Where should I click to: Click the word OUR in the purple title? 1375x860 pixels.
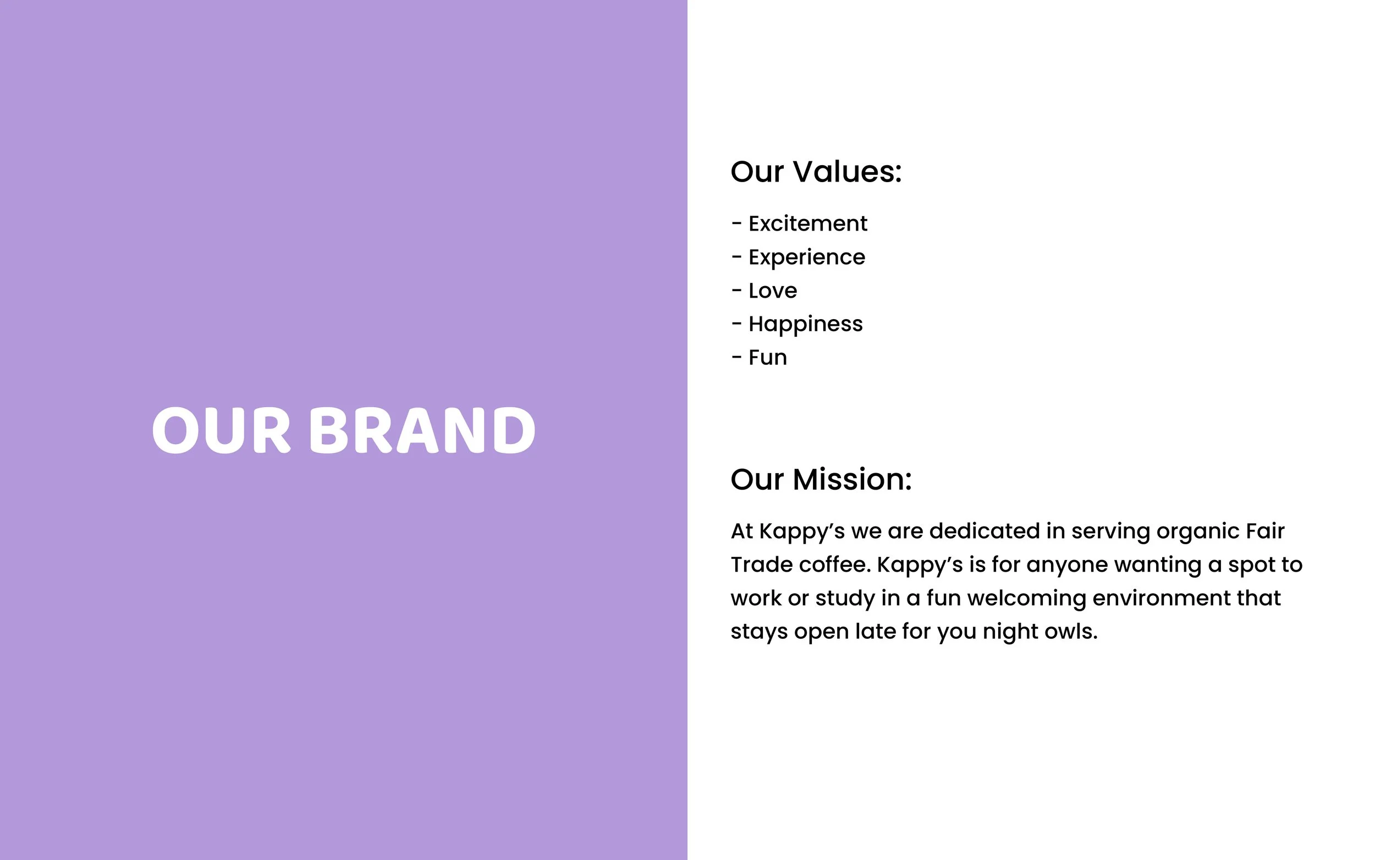221,431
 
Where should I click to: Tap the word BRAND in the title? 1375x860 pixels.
422,431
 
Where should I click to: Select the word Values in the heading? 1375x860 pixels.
848,172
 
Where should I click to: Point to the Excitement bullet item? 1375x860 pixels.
808,223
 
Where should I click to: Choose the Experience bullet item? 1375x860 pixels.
807,257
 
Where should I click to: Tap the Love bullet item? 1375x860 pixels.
773,291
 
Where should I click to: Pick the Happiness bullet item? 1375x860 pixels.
805,324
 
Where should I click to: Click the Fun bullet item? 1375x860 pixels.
767,358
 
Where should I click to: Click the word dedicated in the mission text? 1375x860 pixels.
983,532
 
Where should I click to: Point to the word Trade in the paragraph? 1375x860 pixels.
761,565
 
